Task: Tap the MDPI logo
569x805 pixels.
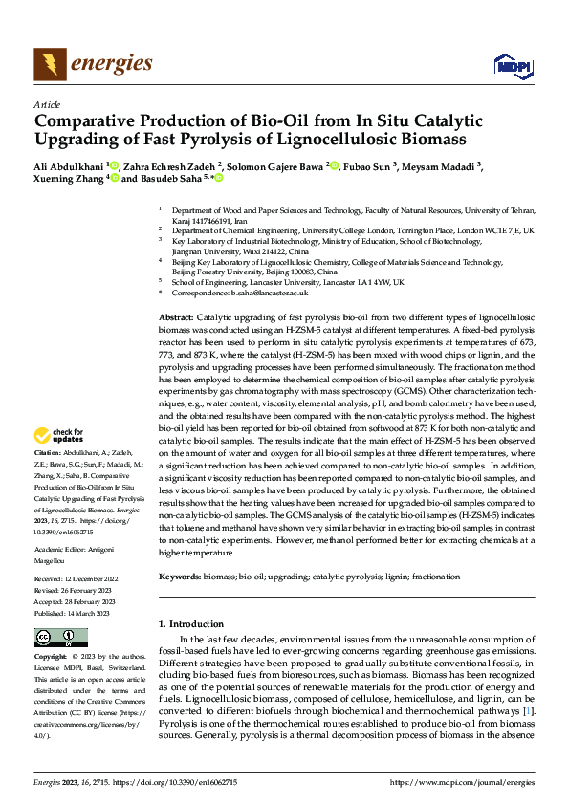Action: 510,65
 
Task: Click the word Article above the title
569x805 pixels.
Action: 46,104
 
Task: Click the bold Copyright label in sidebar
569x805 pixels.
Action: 52,658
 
